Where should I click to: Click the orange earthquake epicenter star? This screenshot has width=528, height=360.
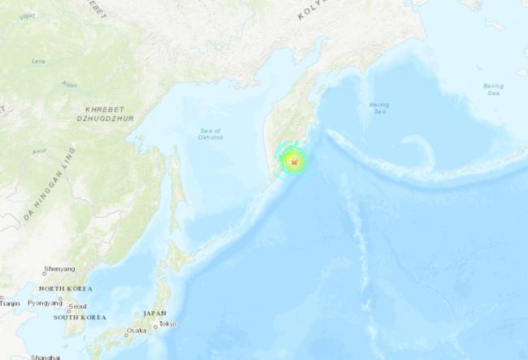(295, 162)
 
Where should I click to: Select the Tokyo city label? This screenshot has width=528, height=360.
(168, 324)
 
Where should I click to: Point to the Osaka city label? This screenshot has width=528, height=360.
(136, 332)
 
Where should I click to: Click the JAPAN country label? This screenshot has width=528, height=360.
(154, 313)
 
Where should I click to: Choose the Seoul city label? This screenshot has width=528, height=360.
(78, 306)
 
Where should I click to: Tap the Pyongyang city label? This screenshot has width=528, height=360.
(45, 302)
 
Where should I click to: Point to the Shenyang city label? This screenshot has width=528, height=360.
(60, 269)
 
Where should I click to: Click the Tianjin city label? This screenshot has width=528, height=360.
(10, 302)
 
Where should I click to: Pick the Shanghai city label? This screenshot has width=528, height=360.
(45, 357)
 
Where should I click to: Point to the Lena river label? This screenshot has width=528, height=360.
(37, 61)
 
